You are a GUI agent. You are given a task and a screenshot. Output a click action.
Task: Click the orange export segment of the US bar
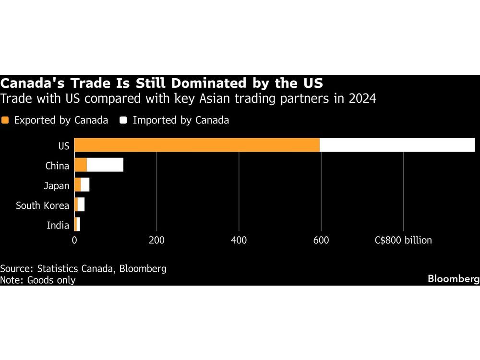pos(197,145)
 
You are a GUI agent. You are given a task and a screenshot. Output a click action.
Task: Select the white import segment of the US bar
pos(397,145)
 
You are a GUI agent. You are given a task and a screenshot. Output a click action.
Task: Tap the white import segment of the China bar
pos(105,165)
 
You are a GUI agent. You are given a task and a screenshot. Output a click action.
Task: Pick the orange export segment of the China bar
pos(81,165)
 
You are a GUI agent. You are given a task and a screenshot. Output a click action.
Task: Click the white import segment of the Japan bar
pos(85,185)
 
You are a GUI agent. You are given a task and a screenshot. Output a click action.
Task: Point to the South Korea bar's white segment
pos(81,204)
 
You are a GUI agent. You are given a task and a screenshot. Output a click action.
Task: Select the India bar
pos(77,224)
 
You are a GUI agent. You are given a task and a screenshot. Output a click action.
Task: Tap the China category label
pos(57,166)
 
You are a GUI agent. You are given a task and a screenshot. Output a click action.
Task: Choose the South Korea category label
pos(42,205)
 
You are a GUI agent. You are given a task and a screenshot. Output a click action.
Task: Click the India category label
pos(58,225)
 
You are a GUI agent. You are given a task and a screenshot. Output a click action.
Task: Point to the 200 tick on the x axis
pos(156,240)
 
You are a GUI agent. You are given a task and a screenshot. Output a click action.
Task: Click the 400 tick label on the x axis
pos(239,240)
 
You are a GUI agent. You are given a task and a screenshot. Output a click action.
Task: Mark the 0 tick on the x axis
pos(74,240)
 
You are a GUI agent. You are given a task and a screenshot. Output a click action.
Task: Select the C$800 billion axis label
pos(403,240)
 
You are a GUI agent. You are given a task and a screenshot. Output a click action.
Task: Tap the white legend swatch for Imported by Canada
pos(123,120)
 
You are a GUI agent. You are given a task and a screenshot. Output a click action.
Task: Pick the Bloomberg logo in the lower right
pos(453,279)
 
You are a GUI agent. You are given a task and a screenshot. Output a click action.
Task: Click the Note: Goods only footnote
pos(38,280)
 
